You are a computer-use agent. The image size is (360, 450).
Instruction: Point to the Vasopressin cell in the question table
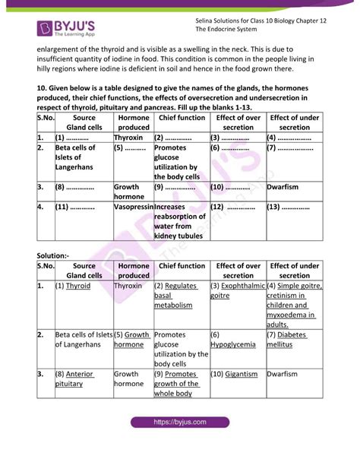pyautogui.click(x=132, y=206)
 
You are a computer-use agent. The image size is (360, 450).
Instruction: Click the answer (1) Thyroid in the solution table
pyautogui.click(x=73, y=286)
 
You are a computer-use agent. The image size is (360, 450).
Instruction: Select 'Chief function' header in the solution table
pyautogui.click(x=182, y=266)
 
